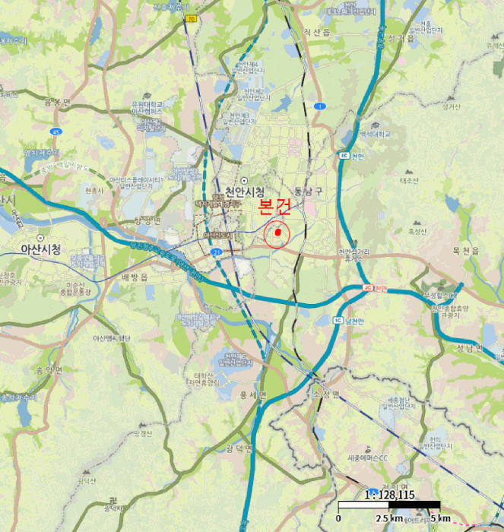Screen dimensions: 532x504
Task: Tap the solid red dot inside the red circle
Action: tap(278, 231)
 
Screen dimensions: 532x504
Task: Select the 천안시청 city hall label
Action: tap(245, 192)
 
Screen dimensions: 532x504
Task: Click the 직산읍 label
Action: tap(316, 32)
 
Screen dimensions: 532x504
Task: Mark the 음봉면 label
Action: tap(58, 101)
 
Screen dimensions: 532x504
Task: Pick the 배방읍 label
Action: tap(134, 277)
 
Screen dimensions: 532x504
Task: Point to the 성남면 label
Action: tap(469, 348)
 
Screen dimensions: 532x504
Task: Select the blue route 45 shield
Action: tap(55, 131)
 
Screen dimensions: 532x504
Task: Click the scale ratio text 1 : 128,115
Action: tap(390, 494)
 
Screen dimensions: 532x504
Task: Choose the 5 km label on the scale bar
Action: tap(440, 518)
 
